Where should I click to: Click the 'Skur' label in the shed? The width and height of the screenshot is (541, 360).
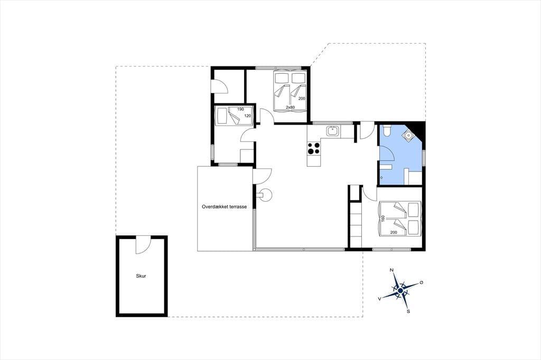(141, 276)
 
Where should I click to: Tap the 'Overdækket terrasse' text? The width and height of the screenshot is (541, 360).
(224, 207)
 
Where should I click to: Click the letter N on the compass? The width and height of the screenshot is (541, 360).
(391, 270)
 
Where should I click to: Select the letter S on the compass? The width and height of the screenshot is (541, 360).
(408, 311)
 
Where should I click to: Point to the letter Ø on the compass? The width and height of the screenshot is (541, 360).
(421, 282)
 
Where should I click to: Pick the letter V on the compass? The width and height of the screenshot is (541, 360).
(380, 299)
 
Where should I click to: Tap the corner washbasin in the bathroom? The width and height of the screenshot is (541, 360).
(409, 135)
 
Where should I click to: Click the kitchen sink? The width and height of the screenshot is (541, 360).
(333, 131)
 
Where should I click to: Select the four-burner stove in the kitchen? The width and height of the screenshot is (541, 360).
(314, 148)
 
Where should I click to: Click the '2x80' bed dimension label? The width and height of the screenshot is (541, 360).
(290, 107)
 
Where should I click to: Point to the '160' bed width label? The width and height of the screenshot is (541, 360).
(383, 219)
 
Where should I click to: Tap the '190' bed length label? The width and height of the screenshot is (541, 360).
(240, 109)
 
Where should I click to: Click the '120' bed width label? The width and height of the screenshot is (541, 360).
(247, 116)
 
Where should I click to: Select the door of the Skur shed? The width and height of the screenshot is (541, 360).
(143, 245)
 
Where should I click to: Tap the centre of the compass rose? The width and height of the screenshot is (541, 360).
(400, 291)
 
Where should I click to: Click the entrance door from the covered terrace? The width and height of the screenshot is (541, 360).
(263, 176)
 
